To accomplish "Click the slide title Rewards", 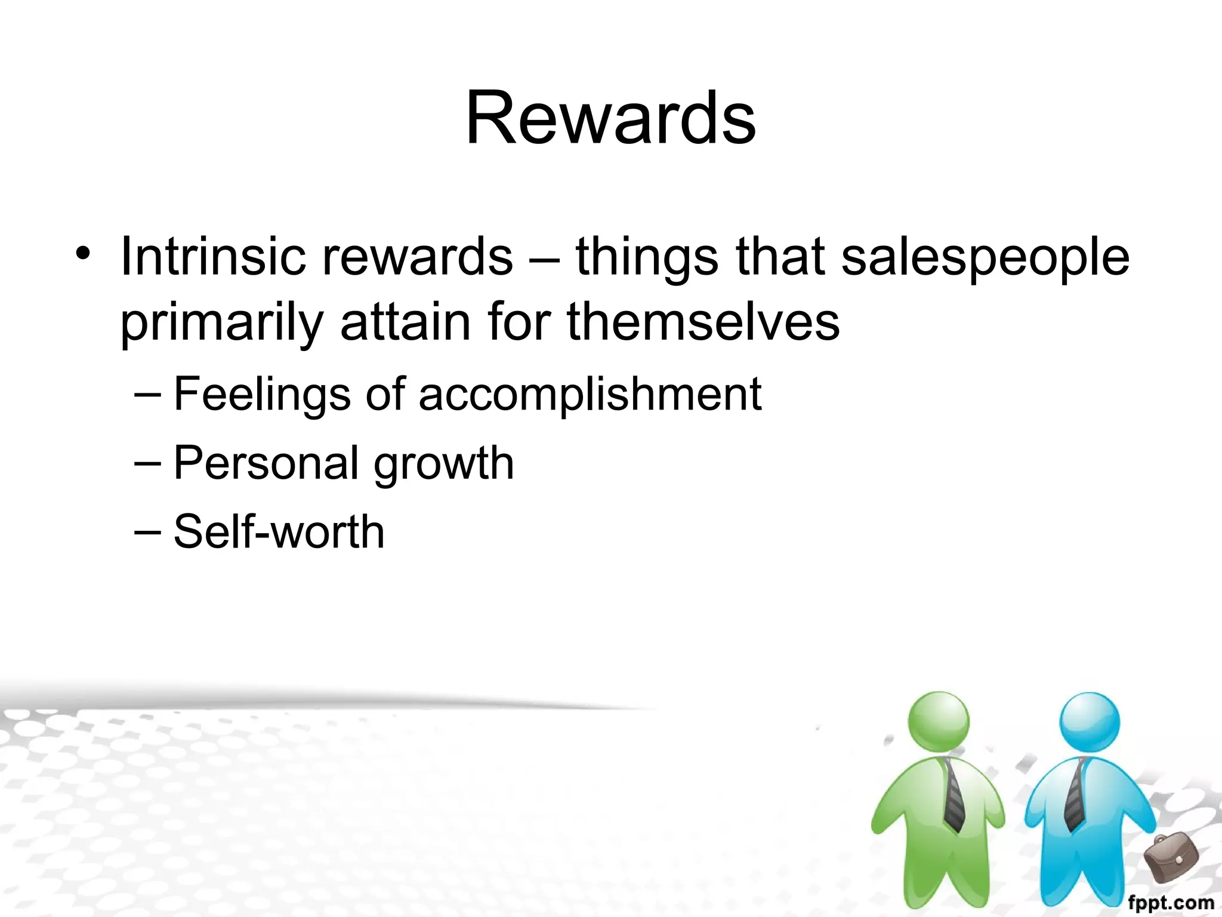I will (x=610, y=118).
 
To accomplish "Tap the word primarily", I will (x=221, y=323).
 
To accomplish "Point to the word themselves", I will (x=703, y=322).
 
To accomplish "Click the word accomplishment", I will (x=590, y=394).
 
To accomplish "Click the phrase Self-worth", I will (x=279, y=531).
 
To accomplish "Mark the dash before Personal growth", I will (x=147, y=463).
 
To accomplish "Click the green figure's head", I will (x=939, y=721).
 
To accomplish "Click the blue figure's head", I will (x=1090, y=721).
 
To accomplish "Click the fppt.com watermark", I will (x=1171, y=903).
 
